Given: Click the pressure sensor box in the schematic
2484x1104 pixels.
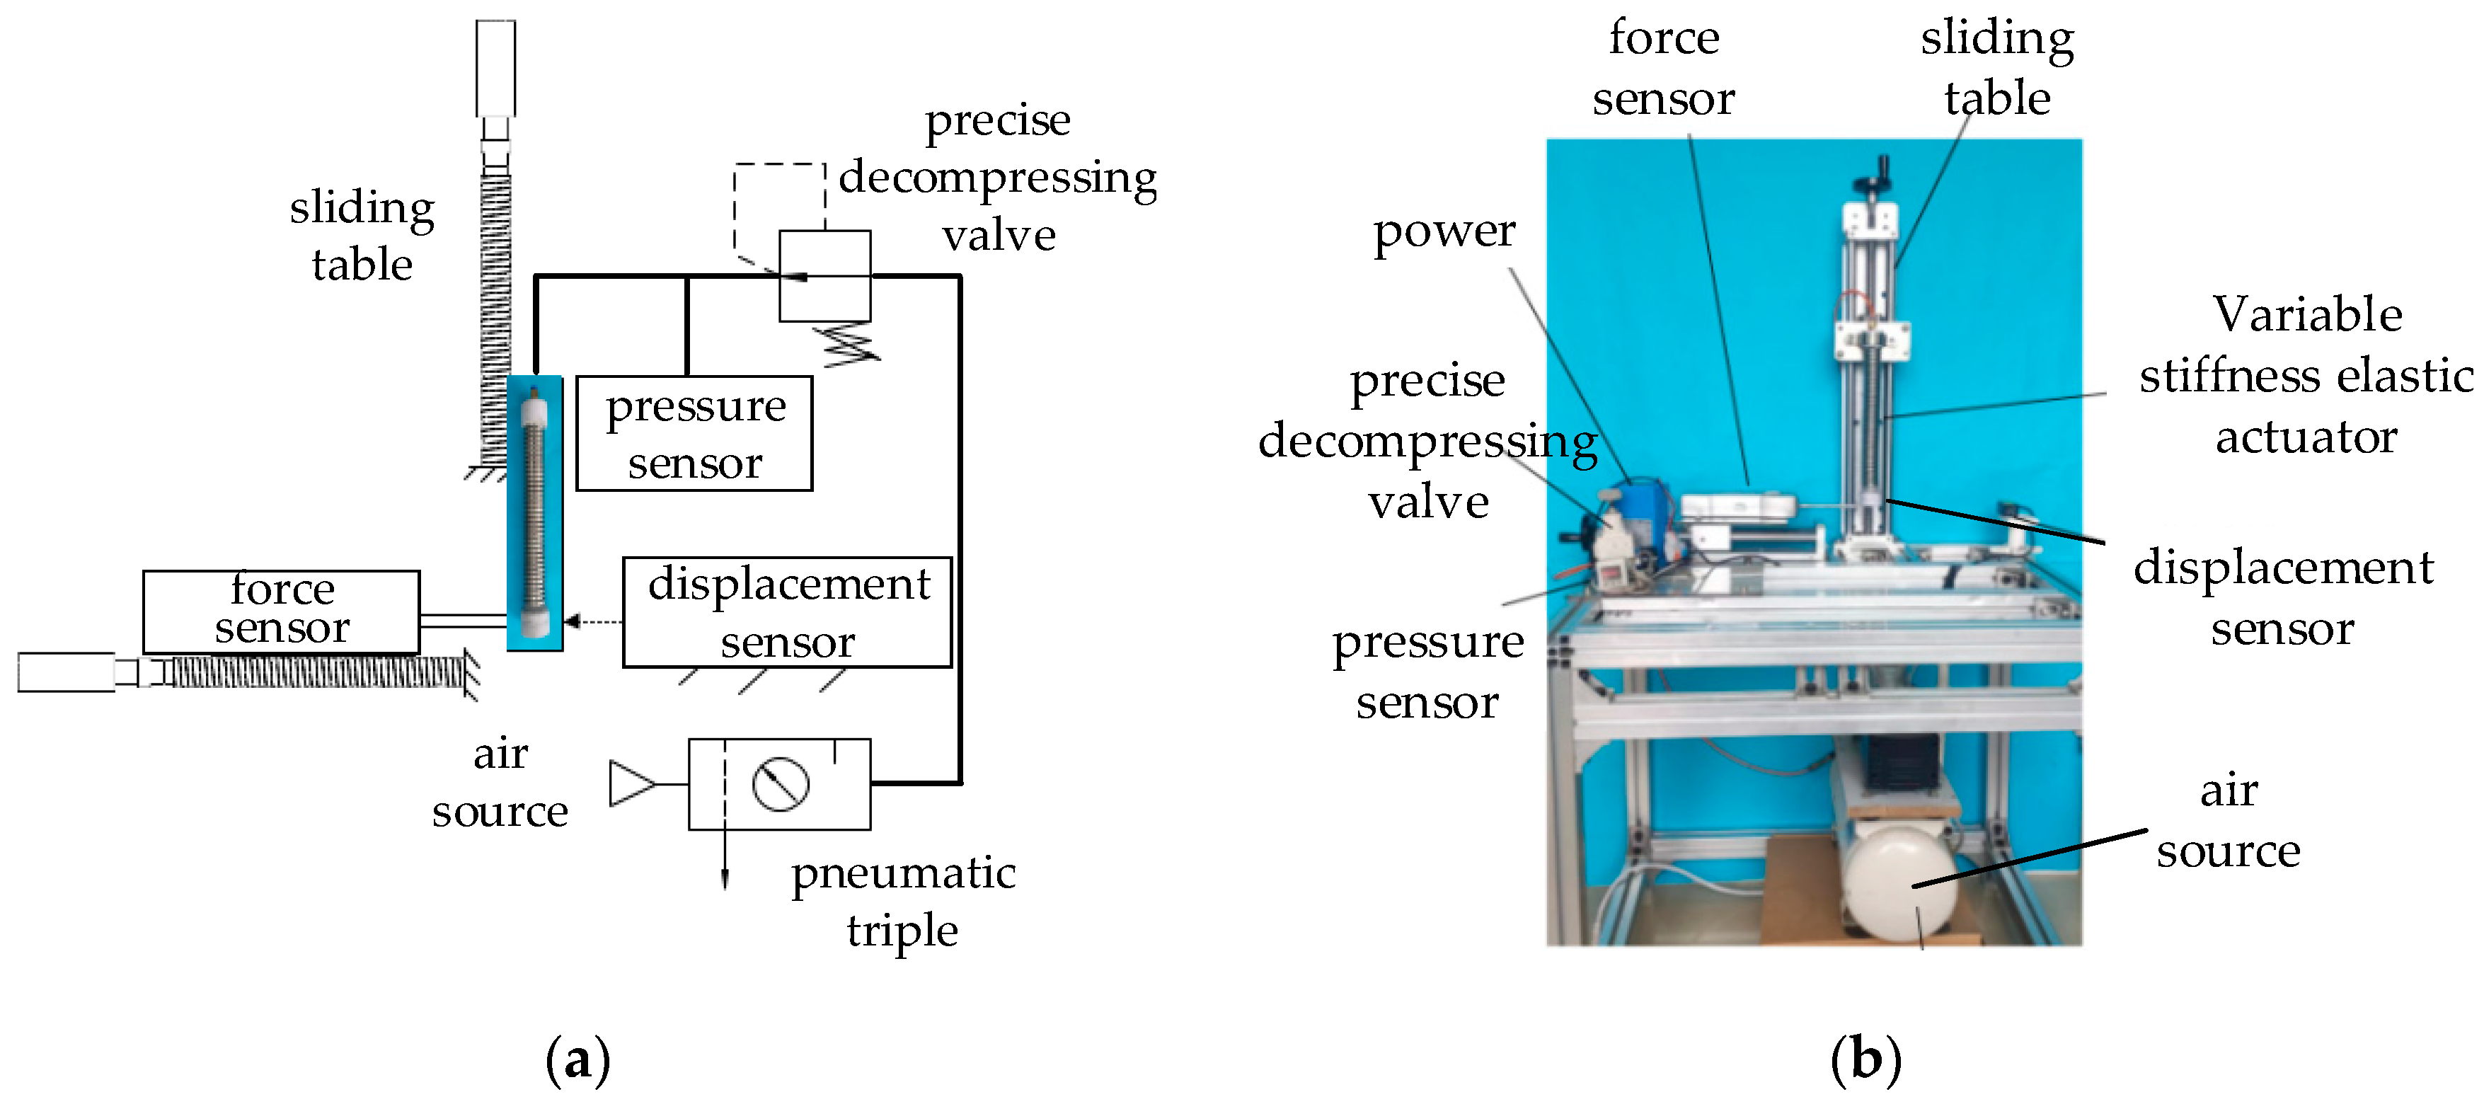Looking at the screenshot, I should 694,434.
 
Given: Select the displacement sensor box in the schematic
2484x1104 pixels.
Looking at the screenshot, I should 787,612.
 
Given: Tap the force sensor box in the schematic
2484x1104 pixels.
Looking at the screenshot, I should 281,611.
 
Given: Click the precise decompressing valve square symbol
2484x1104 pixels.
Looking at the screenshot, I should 824,276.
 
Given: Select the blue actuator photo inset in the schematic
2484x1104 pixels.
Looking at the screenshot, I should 534,513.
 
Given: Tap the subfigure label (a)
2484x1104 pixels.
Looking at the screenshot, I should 577,1059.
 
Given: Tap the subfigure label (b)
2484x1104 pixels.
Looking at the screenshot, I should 1866,1059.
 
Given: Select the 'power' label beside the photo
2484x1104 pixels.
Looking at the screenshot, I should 1444,231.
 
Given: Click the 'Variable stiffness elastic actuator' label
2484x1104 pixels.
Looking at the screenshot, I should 2306,375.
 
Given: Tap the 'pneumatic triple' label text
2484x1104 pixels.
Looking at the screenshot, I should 902,902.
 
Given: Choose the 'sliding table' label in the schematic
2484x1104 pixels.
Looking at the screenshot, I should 362,236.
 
